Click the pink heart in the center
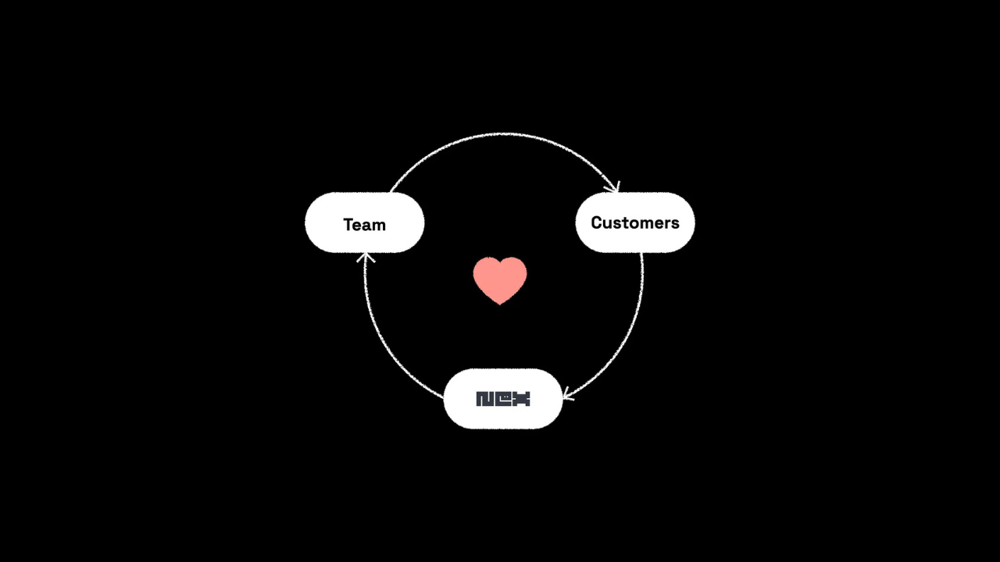point(500,277)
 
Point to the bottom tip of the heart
point(500,302)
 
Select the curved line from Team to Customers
point(504,134)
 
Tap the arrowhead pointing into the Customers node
point(613,187)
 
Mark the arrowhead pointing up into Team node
point(365,257)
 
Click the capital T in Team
point(348,225)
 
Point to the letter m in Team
point(378,226)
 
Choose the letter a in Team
point(366,226)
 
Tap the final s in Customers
point(675,224)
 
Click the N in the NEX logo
point(484,399)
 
